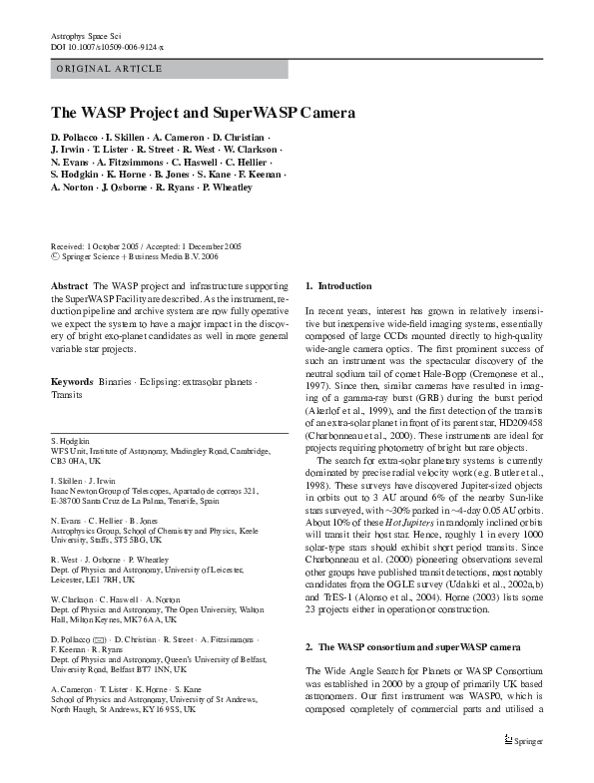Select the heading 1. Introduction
tap(338, 286)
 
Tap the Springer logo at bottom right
tap(525, 769)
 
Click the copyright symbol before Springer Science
tap(54, 255)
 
